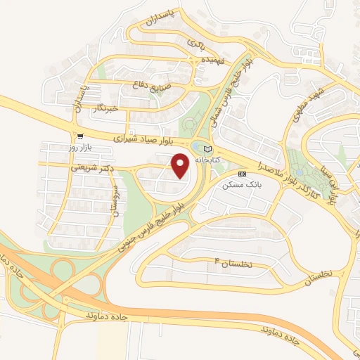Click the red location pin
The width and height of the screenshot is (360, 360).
point(181,166)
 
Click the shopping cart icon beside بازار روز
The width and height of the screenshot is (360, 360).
point(82,136)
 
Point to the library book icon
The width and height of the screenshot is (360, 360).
point(206,149)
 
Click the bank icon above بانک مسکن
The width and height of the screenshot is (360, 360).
point(242,174)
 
